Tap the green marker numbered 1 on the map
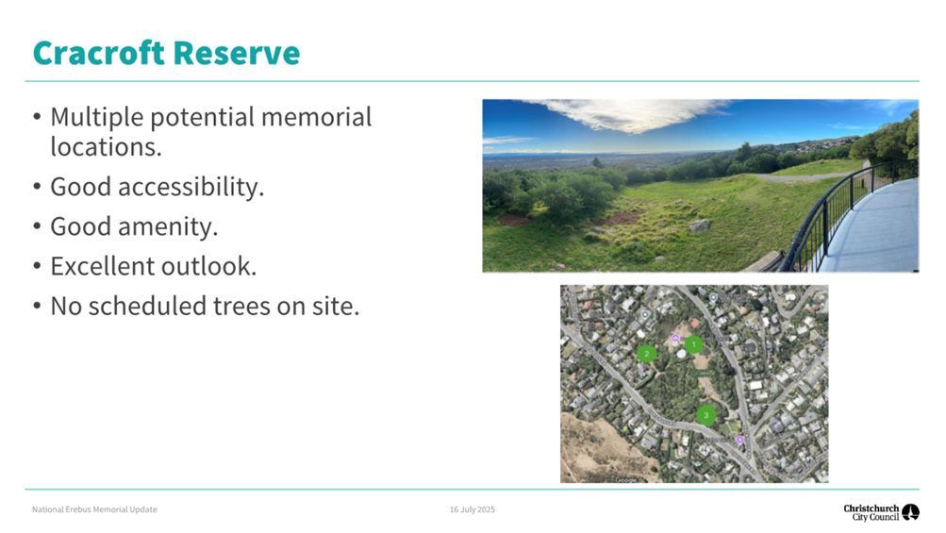[x=694, y=345]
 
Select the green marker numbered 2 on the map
[x=646, y=354]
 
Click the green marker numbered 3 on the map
[x=705, y=415]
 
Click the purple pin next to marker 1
[x=674, y=338]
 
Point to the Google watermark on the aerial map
[x=625, y=479]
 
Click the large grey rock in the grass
[x=699, y=225]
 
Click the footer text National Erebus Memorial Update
[x=94, y=509]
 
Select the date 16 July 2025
[x=472, y=509]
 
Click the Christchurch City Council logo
[x=881, y=512]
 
